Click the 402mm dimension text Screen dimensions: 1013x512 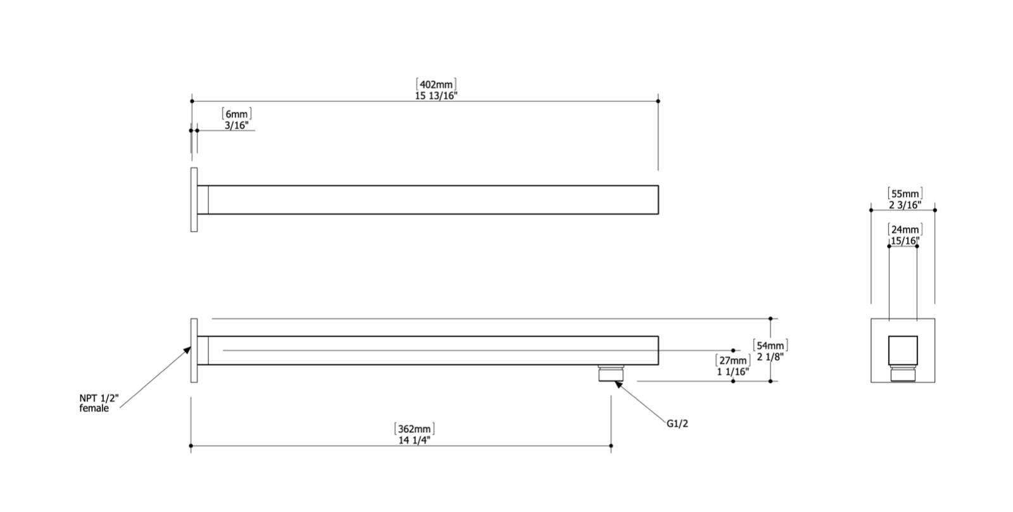coord(436,85)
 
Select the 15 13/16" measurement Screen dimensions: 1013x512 coord(436,96)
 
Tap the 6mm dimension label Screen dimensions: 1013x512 coord(237,114)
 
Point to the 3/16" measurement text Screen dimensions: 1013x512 coord(237,125)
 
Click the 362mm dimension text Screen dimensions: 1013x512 coord(414,429)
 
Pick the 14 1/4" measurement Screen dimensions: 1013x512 coord(414,440)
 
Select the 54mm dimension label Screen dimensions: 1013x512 coord(770,346)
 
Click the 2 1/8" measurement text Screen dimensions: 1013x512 coord(770,357)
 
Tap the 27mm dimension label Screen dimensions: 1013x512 coord(733,361)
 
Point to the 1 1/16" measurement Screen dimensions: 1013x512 coord(733,372)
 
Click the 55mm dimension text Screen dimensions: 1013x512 coord(905,194)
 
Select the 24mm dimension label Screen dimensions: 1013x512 coord(905,230)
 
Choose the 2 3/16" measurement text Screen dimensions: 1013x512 coord(905,205)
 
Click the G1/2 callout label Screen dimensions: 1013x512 coord(677,423)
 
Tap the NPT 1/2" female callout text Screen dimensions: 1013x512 coord(99,403)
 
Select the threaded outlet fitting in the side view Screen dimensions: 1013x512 coord(611,373)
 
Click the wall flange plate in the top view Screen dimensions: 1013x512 coord(194,200)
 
